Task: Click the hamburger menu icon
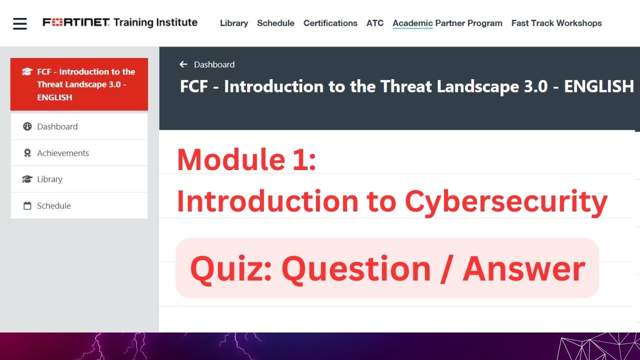coord(20,23)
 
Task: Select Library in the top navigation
coord(234,23)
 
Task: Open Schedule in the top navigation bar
coord(275,23)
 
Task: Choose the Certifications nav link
coord(330,23)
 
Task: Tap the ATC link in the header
coord(375,23)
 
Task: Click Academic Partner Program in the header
coord(447,23)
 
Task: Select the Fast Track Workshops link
coord(556,23)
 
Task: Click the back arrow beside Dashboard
coord(183,64)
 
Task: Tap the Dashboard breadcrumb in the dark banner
coord(214,64)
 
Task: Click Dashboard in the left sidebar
coord(57,126)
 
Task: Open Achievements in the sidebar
coord(62,153)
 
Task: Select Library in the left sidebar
coord(49,179)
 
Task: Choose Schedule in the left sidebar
coord(53,205)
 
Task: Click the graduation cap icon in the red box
coord(27,71)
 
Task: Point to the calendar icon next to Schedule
coord(27,205)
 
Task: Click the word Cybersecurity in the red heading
coord(505,201)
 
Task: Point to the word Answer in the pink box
coord(523,268)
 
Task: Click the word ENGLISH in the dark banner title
coord(598,86)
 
